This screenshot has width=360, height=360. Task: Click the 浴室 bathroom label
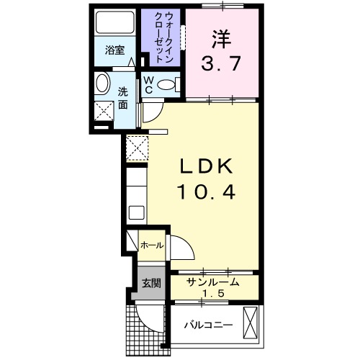(x=114, y=50)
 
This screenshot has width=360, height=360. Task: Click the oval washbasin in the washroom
(x=102, y=84)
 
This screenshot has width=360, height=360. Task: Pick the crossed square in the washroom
(x=105, y=112)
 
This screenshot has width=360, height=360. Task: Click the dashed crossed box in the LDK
(x=136, y=147)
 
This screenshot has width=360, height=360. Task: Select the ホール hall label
(x=151, y=246)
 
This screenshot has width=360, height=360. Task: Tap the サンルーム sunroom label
(x=212, y=282)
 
